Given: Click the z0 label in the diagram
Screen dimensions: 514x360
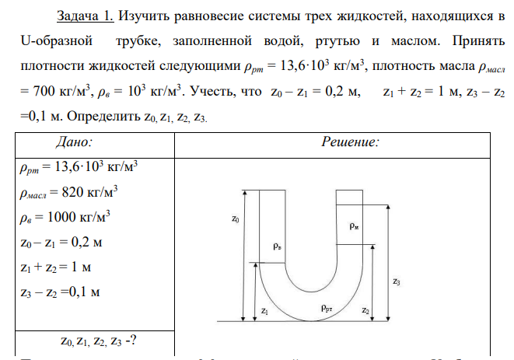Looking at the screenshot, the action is [x=236, y=220].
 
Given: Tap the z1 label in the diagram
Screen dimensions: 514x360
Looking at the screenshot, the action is [x=265, y=309].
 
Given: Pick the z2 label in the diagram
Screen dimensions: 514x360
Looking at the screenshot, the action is [x=365, y=309].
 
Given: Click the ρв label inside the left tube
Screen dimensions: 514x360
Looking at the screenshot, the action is [x=278, y=246].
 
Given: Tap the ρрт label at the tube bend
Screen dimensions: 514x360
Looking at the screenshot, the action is [x=329, y=309].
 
